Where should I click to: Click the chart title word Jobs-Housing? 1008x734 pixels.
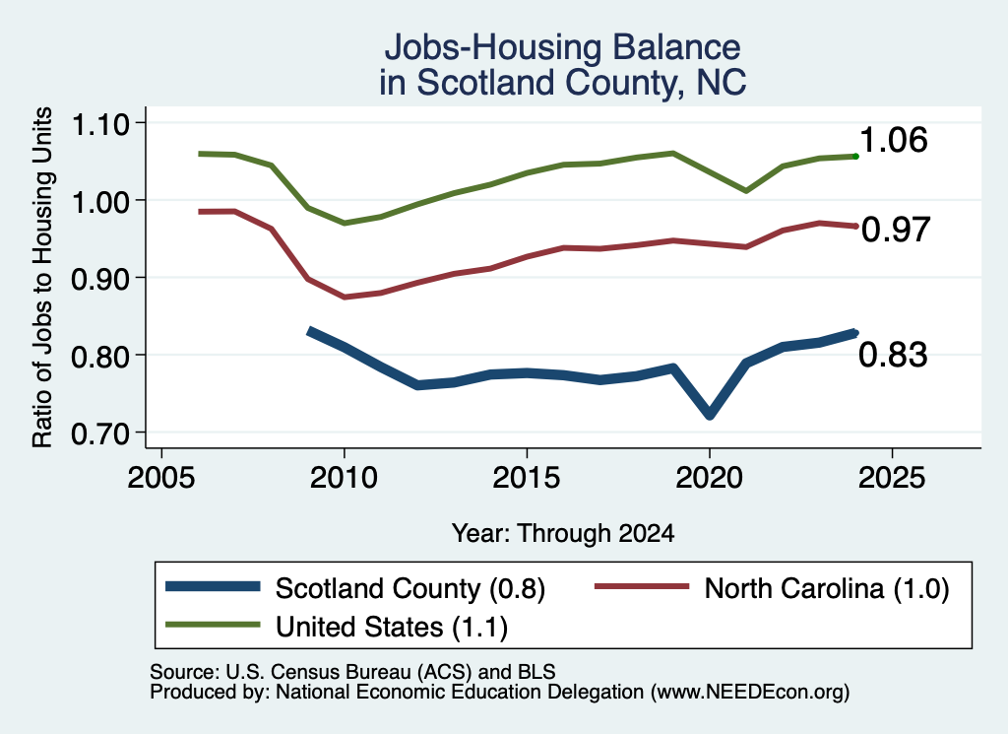pos(493,47)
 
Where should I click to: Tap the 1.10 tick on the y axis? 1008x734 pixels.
pos(99,124)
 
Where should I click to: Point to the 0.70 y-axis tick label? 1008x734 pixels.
pos(99,434)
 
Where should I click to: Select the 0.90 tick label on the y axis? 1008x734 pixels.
pos(99,279)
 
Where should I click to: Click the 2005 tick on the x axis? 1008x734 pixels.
pos(161,477)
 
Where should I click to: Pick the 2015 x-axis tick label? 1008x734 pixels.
pos(527,477)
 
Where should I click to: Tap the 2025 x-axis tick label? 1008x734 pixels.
pos(892,477)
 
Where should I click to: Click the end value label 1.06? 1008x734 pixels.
pos(893,140)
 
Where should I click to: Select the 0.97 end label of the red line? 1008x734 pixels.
pos(896,230)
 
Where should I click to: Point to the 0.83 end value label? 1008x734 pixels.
pos(893,355)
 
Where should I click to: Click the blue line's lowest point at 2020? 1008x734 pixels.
pos(710,414)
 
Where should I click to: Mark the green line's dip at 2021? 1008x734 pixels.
pos(746,191)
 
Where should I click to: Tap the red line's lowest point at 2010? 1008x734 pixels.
pos(345,298)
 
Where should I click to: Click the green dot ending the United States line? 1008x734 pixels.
pos(855,157)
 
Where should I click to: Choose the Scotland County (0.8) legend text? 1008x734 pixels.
pos(410,588)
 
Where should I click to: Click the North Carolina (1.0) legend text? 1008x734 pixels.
pos(827,588)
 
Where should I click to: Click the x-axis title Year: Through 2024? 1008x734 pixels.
pos(563,533)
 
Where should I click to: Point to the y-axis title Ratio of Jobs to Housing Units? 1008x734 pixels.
pos(42,277)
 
